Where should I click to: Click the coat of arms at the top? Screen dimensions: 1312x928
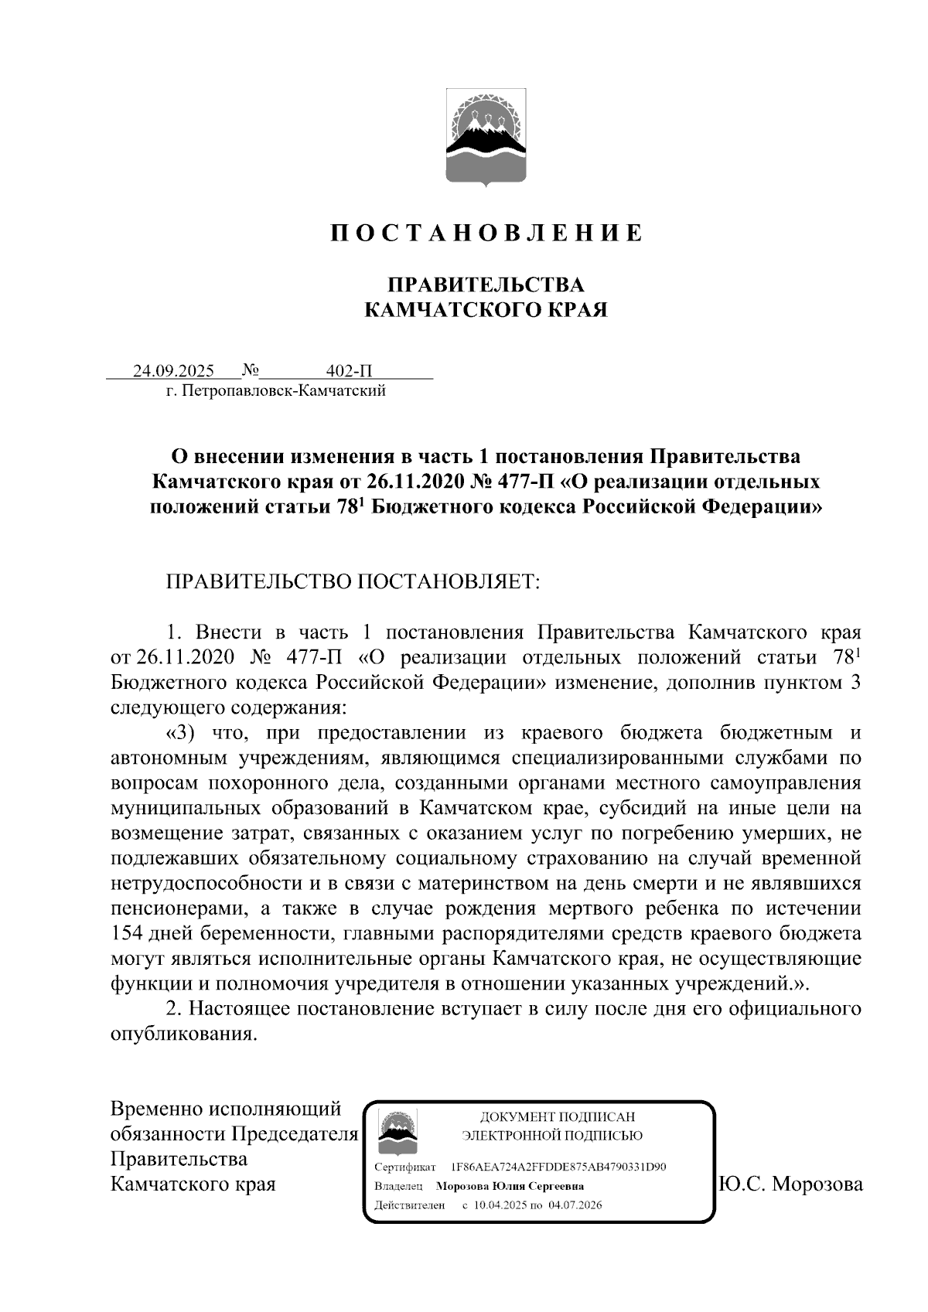(x=486, y=138)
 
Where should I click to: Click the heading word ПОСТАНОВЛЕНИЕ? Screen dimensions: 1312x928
(x=486, y=233)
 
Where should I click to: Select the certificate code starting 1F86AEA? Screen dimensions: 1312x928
(x=558, y=1167)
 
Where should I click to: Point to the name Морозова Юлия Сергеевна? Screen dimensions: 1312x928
(x=510, y=1186)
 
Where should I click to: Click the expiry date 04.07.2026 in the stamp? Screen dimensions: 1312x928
(x=575, y=1205)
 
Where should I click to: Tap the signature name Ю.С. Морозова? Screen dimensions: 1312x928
(x=790, y=1184)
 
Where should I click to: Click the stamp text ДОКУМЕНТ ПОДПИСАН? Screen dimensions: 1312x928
(x=557, y=1116)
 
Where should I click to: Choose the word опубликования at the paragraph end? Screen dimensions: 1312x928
(x=183, y=1034)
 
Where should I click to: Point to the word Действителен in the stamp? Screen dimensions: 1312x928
(x=409, y=1205)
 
